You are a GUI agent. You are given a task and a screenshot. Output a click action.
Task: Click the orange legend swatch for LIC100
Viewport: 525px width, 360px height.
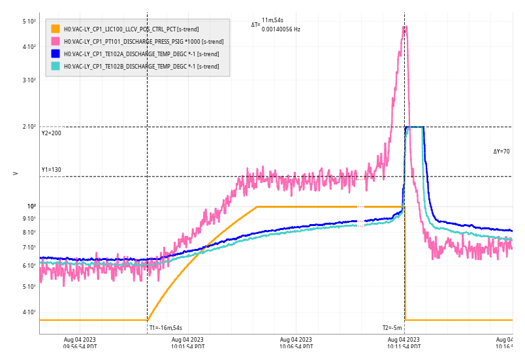(x=56, y=29)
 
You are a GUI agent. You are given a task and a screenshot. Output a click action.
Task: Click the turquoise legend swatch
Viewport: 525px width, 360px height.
(x=56, y=66)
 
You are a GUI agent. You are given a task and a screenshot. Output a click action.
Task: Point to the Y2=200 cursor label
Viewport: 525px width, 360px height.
(x=51, y=133)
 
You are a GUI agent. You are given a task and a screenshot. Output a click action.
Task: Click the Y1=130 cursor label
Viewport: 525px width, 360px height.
(x=51, y=170)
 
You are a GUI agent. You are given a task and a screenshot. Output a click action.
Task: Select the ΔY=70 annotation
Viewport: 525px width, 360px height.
(x=501, y=152)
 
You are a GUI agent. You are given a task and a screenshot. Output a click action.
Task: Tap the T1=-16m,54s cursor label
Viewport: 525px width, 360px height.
(x=165, y=328)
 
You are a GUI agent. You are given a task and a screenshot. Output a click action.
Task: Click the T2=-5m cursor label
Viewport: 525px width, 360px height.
(x=392, y=328)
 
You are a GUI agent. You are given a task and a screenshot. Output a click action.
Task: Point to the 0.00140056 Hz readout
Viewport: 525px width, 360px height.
(x=281, y=29)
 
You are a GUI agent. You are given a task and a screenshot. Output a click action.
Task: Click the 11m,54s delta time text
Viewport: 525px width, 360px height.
(x=272, y=21)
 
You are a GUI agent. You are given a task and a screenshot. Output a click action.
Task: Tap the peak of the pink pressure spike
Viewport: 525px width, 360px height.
(x=406, y=27)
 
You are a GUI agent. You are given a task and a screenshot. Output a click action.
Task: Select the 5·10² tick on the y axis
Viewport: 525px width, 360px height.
(x=29, y=22)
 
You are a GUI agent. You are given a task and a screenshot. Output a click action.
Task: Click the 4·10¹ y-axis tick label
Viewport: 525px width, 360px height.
(x=29, y=312)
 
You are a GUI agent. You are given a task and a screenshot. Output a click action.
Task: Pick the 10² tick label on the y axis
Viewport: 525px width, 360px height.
(x=31, y=206)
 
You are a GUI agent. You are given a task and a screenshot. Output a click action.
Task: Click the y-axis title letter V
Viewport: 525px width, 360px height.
(x=15, y=173)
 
